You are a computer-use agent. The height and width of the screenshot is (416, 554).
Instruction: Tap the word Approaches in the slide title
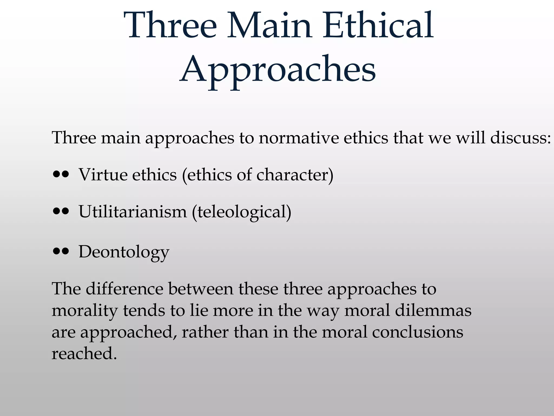(x=278, y=70)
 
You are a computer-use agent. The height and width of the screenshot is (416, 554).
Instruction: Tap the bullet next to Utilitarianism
(x=61, y=212)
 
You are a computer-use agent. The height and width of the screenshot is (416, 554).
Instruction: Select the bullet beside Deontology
(x=61, y=252)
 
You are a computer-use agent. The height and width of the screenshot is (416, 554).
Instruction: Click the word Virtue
(x=103, y=175)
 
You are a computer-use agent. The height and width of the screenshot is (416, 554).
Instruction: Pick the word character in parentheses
(x=292, y=175)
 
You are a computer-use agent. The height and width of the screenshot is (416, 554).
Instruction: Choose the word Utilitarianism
(x=133, y=212)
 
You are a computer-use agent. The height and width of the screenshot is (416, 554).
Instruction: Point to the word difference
(x=124, y=289)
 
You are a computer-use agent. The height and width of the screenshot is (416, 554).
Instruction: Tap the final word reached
(x=84, y=354)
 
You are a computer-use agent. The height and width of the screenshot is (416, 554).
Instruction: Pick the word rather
(x=205, y=332)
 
